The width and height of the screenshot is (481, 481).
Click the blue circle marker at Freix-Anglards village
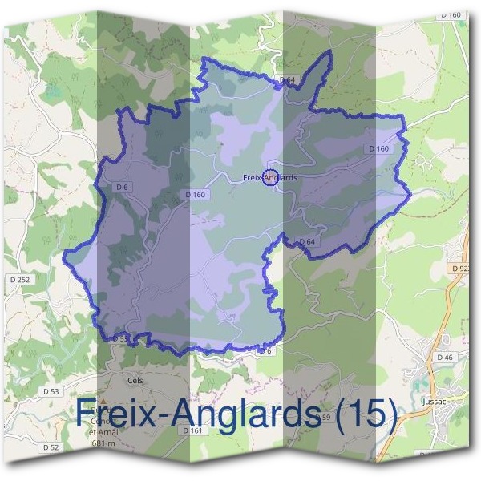pyautogui.click(x=270, y=179)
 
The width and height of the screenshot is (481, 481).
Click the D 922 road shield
pyautogui.click(x=460, y=268)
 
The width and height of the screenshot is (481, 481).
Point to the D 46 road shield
pyautogui.click(x=445, y=356)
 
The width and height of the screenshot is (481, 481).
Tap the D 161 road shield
pyautogui.click(x=192, y=430)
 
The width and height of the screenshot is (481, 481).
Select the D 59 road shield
pyautogui.click(x=325, y=418)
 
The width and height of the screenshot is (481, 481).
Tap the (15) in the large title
pyautogui.click(x=366, y=414)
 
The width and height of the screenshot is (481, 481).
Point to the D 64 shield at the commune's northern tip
pyautogui.click(x=288, y=79)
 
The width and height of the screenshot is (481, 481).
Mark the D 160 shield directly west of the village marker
pyautogui.click(x=195, y=194)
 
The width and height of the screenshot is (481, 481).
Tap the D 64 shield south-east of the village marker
pyautogui.click(x=306, y=240)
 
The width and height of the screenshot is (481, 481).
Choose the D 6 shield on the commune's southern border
pyautogui.click(x=266, y=350)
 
